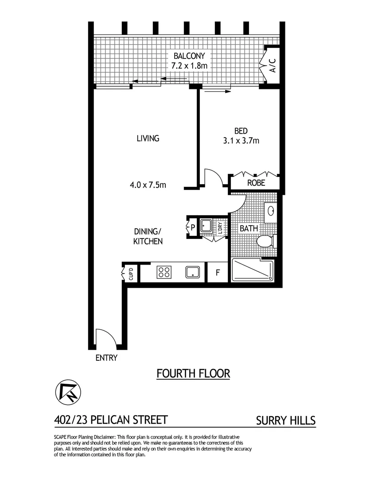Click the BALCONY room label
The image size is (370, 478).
[189, 56]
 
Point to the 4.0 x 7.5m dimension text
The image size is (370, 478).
[148, 185]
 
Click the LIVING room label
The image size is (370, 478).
[148, 139]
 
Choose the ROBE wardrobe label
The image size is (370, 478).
[256, 182]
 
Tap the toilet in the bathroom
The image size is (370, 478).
[265, 242]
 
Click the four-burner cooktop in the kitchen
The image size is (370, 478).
[164, 272]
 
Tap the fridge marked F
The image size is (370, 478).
[218, 272]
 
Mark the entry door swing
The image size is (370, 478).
[105, 338]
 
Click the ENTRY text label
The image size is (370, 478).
[106, 358]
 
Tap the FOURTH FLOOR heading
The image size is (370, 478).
[193, 374]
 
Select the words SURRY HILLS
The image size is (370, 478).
[286, 420]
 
